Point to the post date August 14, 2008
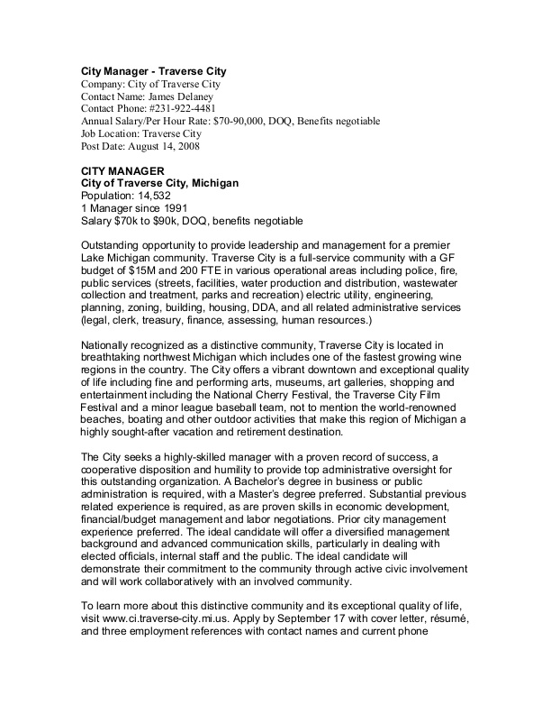tap(163, 146)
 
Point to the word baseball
tap(241, 430)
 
